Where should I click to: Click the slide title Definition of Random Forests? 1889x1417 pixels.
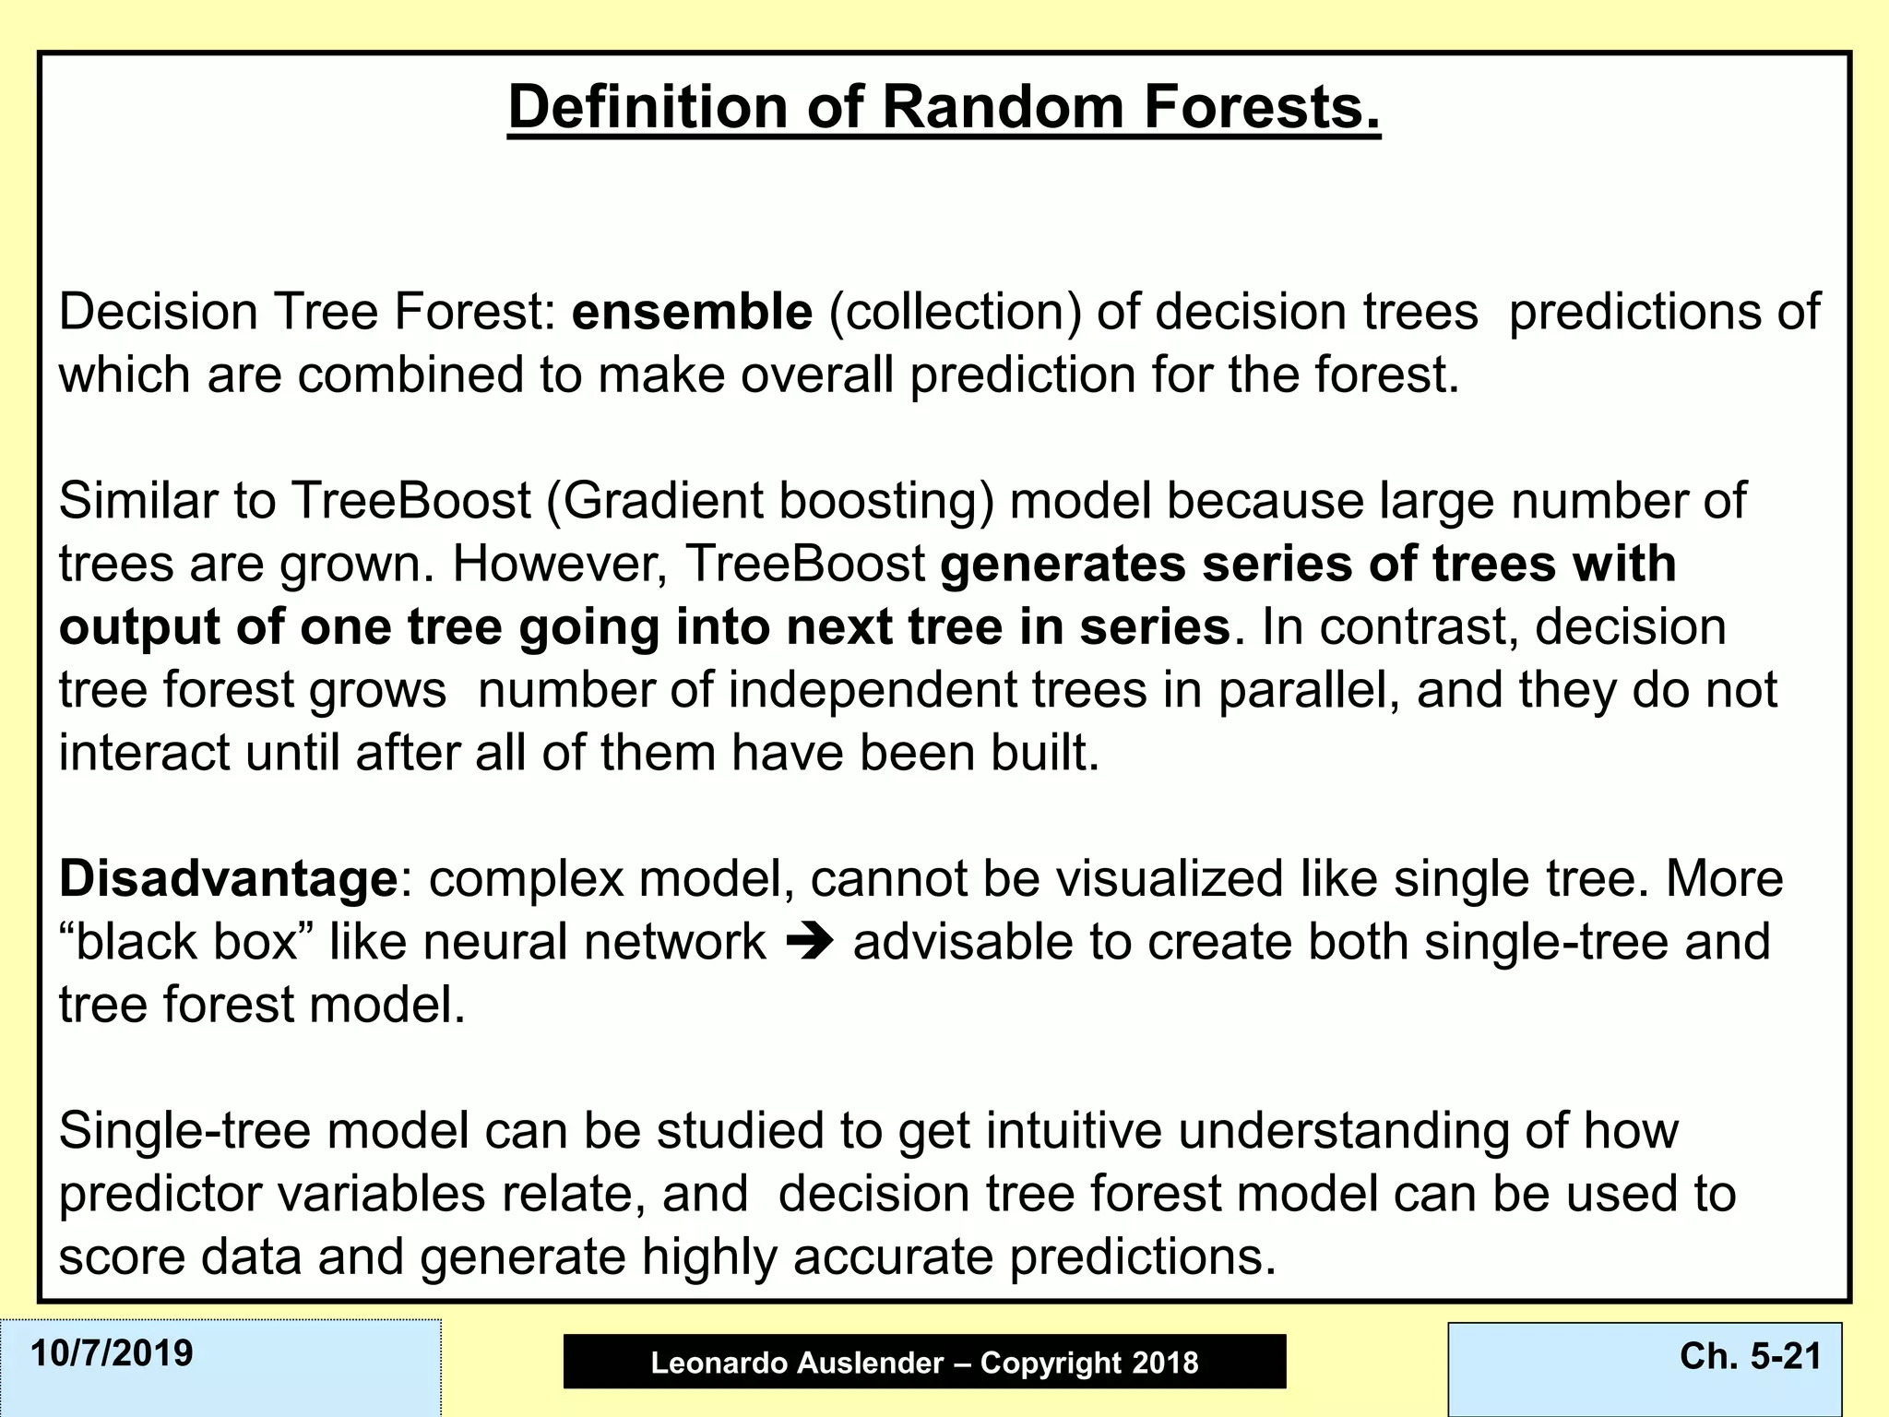point(944,107)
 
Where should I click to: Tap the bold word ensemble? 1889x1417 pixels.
point(692,312)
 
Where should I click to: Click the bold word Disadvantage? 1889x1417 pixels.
point(228,879)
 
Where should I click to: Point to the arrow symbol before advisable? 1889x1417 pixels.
point(810,942)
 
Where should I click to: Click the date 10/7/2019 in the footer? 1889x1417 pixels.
point(112,1353)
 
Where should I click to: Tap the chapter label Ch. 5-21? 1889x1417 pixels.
point(1750,1355)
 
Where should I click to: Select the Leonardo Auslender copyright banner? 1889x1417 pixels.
point(924,1362)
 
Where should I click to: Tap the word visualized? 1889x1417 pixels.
point(1169,879)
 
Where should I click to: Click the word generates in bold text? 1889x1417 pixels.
point(1063,564)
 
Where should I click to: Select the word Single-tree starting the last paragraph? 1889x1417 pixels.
point(184,1131)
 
